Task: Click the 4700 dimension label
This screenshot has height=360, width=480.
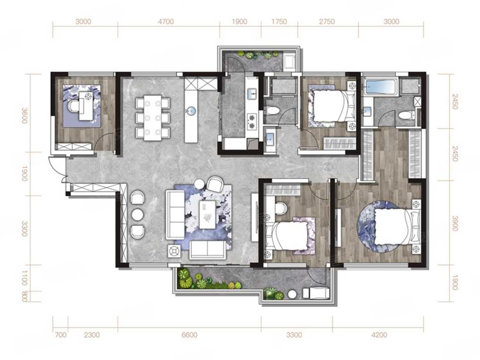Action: click(x=166, y=22)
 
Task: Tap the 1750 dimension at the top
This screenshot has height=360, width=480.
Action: click(x=279, y=22)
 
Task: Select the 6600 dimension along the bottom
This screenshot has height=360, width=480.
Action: click(x=189, y=335)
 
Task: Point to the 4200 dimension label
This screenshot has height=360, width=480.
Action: click(x=379, y=335)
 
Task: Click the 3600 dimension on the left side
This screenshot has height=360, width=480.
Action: click(x=25, y=115)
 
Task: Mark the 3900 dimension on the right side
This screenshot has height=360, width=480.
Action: click(x=454, y=223)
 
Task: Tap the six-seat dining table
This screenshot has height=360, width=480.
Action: click(x=153, y=118)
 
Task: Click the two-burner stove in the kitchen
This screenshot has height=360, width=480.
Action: click(x=252, y=120)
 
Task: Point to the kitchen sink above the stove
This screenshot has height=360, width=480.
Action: click(x=252, y=94)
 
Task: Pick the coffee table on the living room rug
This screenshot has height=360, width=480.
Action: click(x=208, y=214)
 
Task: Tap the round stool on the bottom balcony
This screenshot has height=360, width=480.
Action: click(x=292, y=294)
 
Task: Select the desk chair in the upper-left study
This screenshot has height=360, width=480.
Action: click(x=74, y=106)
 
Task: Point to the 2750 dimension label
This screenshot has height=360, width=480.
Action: click(x=326, y=22)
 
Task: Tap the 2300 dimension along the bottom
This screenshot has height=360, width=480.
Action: click(x=92, y=335)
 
